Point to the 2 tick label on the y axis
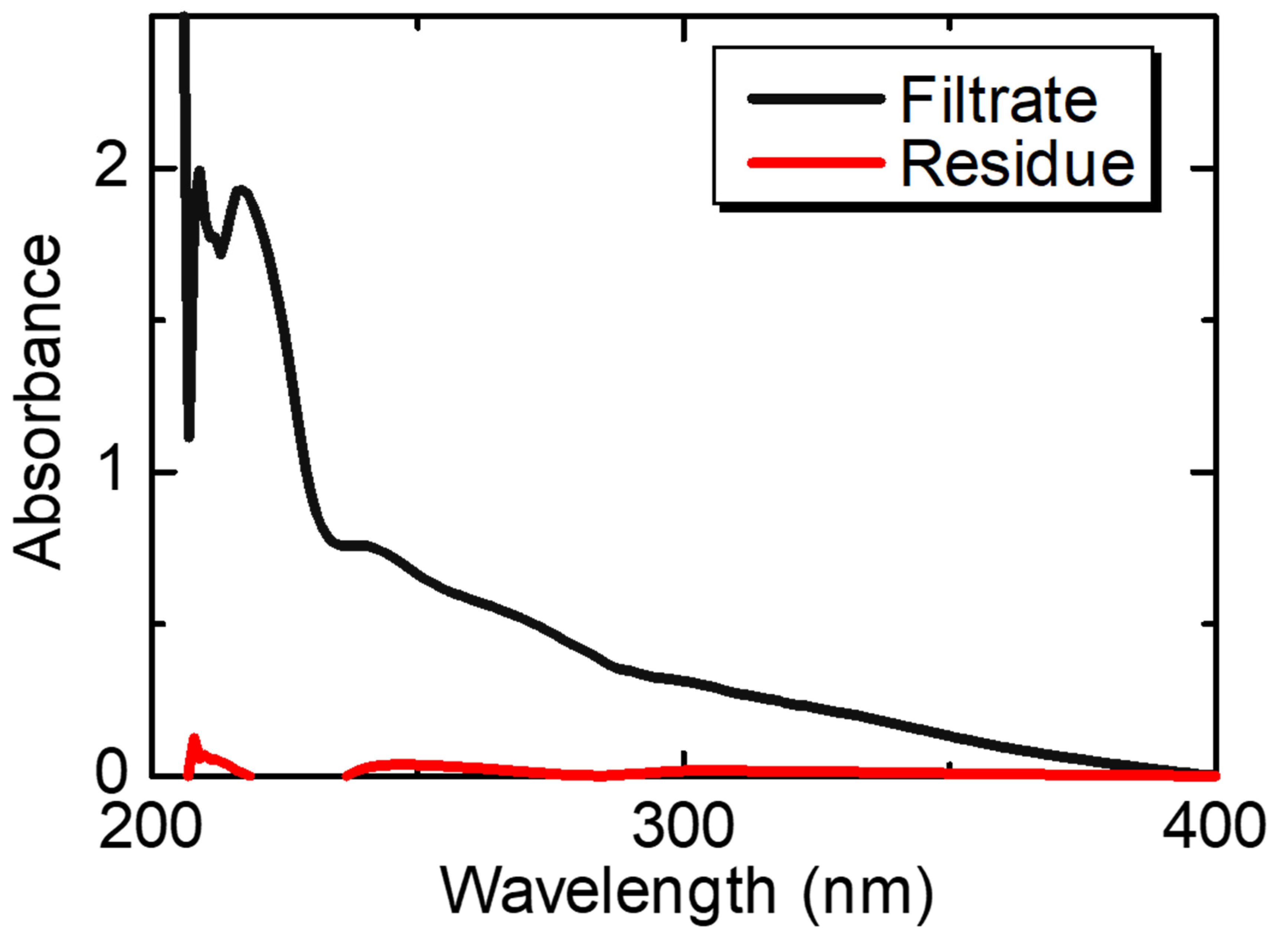click(111, 168)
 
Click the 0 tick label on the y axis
click(111, 772)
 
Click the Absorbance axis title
click(37, 402)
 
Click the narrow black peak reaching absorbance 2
click(200, 170)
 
